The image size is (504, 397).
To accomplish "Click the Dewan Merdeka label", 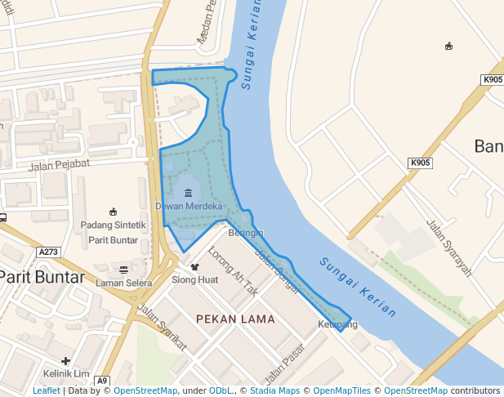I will [189, 207].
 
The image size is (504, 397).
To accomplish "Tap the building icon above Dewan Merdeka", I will [189, 193].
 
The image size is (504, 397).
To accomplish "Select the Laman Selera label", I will [123, 283].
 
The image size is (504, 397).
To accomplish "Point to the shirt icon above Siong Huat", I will [194, 266].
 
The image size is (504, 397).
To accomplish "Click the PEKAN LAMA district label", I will [235, 319].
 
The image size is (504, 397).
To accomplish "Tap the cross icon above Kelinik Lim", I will [65, 360].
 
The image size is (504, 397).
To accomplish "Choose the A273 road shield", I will [49, 253].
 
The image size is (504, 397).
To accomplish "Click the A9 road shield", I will [102, 381].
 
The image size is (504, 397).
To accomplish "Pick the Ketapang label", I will [337, 325].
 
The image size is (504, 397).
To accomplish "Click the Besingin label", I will [246, 233].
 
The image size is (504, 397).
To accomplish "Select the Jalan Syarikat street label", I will [162, 328].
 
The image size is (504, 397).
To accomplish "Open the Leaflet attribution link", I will [47, 391].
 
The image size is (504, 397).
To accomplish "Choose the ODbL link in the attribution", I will [221, 391].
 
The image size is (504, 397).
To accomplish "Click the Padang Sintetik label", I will [113, 225].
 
